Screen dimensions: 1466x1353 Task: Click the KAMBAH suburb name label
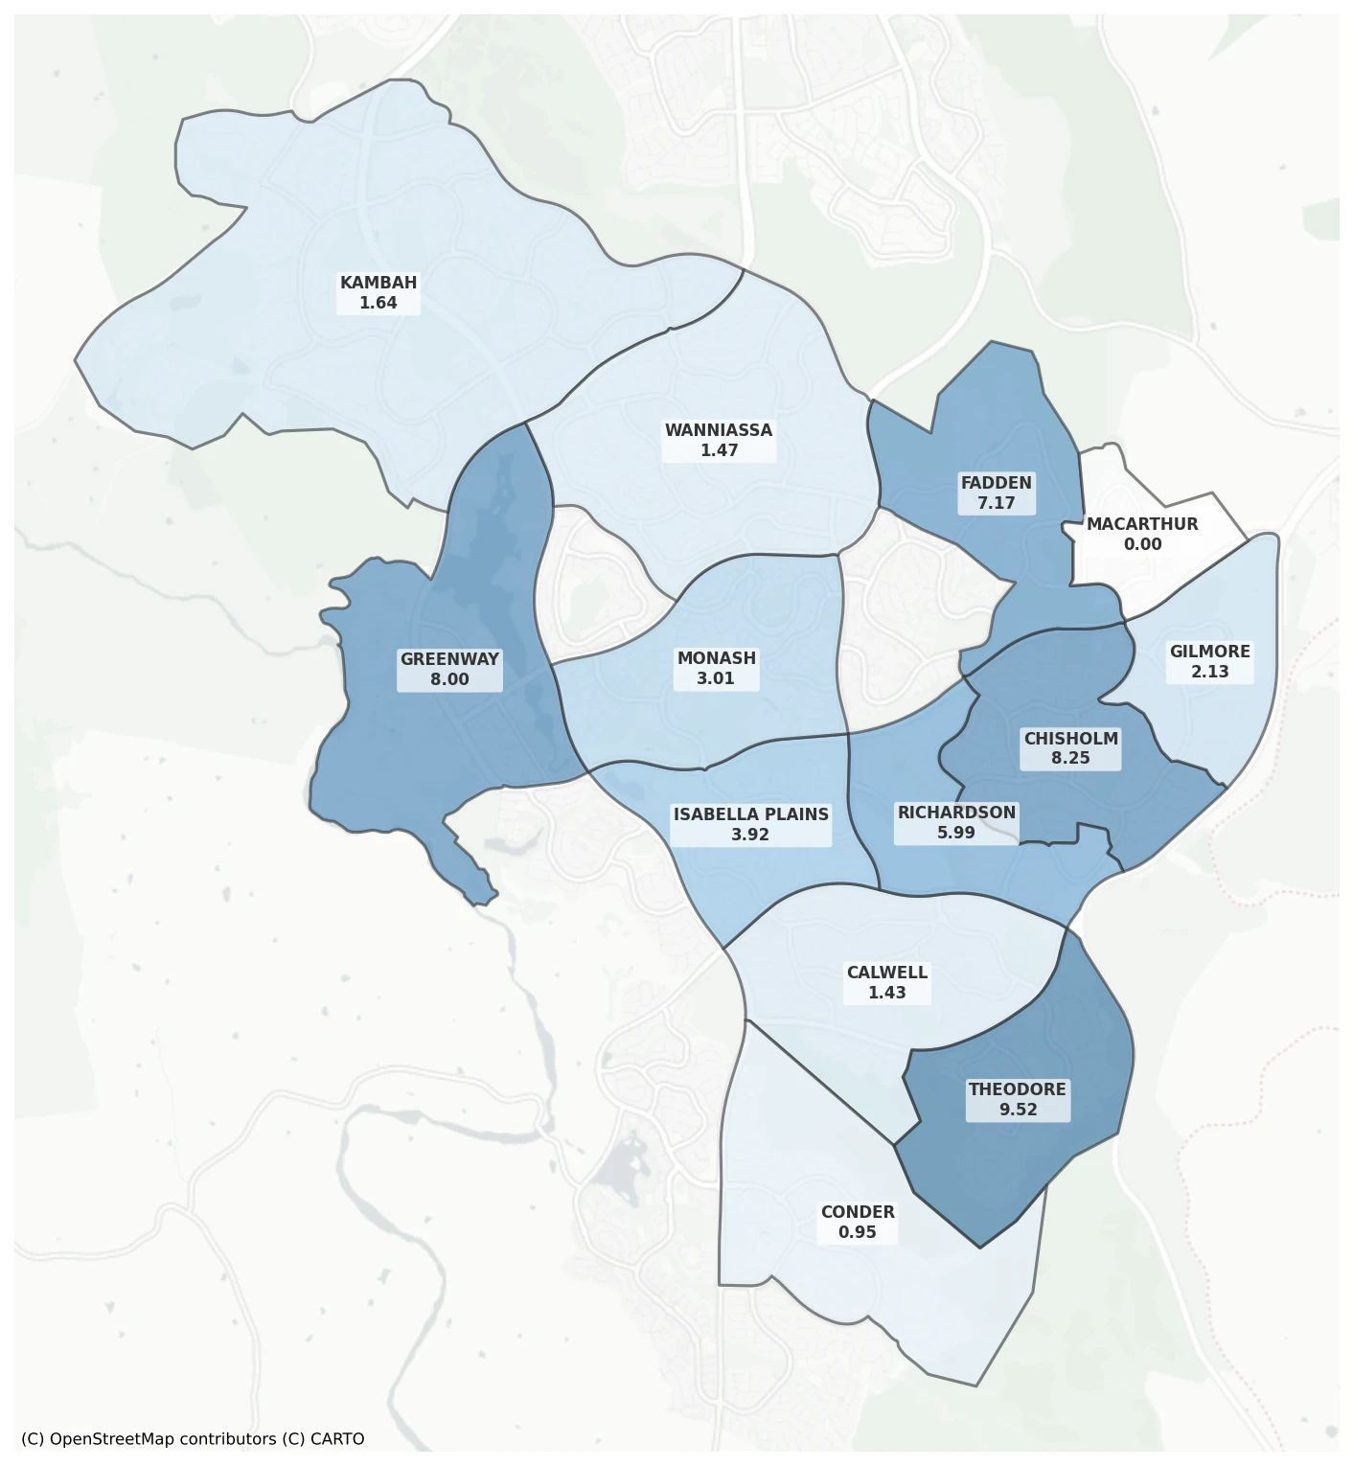378,283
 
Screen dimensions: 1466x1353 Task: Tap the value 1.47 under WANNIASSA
719,450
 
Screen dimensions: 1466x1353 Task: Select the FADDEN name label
997,483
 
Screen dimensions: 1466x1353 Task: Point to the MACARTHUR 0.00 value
1142,544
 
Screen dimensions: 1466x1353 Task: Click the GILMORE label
1209,652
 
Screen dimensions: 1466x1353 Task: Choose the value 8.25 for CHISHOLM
1070,758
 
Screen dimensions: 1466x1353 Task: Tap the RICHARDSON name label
956,813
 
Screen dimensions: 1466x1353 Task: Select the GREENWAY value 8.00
449,679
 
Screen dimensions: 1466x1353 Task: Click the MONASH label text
716,658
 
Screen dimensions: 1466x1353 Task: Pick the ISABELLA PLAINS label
750,814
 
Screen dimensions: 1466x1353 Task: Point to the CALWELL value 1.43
886,993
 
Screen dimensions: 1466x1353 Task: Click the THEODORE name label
1017,1089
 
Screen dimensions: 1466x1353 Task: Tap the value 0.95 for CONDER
857,1232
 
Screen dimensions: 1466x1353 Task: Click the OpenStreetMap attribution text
192,1439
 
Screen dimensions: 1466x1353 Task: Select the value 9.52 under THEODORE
1018,1110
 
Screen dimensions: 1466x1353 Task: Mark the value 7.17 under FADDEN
997,503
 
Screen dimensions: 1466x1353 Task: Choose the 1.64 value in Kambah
378,303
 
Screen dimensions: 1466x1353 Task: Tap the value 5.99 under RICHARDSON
956,833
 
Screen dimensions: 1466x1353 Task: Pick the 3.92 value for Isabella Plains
750,835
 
